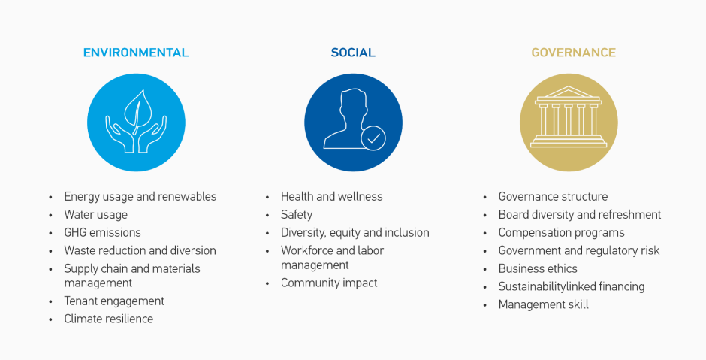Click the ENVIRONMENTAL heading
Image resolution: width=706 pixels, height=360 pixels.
[136, 53]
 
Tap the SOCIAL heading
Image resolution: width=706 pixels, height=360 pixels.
[353, 53]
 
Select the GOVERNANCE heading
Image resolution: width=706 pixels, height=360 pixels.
[573, 53]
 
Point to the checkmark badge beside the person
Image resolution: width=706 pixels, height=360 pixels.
[373, 138]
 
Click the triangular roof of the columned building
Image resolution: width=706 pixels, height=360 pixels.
[569, 92]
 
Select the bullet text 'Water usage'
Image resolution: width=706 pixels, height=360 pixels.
[95, 215]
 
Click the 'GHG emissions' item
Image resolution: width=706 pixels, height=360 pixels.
[102, 232]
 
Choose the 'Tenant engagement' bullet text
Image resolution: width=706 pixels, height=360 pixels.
[114, 301]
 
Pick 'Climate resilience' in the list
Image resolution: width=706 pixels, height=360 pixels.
[108, 319]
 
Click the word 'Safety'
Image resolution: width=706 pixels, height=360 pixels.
[296, 215]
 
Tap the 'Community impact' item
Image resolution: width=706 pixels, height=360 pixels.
[329, 283]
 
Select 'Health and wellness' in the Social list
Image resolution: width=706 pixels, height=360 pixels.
[331, 196]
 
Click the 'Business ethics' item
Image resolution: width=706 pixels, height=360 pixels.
[538, 268]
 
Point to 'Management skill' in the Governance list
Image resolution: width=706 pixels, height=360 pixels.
[543, 305]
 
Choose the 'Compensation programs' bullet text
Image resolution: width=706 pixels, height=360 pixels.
[561, 233]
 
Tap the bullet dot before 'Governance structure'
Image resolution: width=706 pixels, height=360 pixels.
[485, 198]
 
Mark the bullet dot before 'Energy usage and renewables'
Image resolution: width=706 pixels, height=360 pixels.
[50, 198]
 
